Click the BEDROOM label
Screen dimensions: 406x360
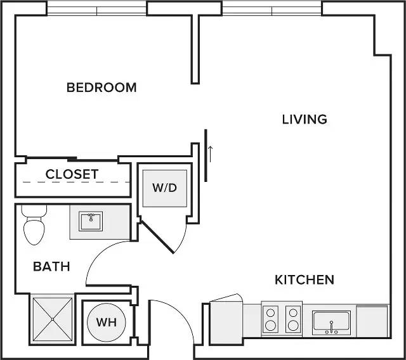(x=101, y=87)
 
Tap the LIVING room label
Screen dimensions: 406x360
(x=304, y=119)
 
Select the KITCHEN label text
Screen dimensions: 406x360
(x=304, y=280)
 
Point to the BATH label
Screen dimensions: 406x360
(x=52, y=266)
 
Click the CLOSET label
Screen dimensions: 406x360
(x=72, y=174)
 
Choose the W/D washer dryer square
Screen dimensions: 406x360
(x=165, y=188)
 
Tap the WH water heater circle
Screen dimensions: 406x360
(x=107, y=323)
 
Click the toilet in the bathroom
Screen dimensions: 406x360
(x=34, y=225)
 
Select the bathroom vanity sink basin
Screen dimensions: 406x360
(x=91, y=221)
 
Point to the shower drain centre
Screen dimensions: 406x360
(x=53, y=319)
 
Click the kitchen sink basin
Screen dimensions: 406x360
(x=331, y=323)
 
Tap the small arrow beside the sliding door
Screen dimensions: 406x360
(x=210, y=154)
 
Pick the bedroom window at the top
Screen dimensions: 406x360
(x=96, y=11)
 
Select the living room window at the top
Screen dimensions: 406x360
(x=272, y=11)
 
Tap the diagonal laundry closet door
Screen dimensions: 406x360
(x=157, y=237)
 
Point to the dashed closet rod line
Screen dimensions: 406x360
(x=76, y=182)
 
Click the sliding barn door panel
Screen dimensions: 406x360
(x=206, y=155)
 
